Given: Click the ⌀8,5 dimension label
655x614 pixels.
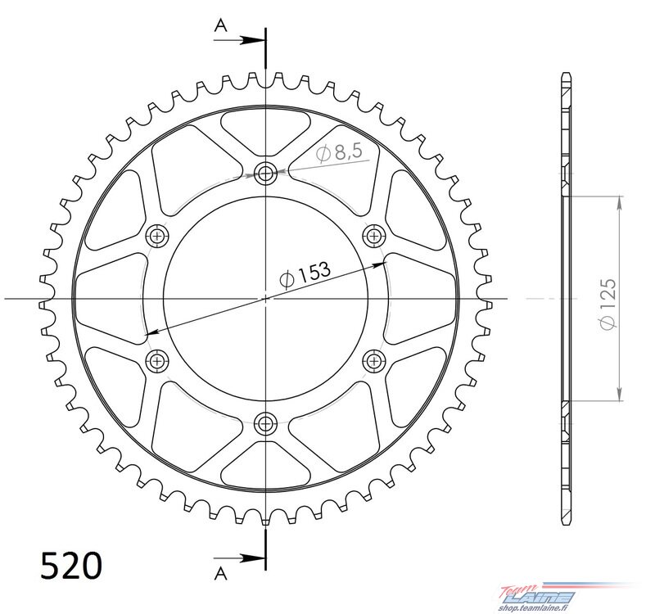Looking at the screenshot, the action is coord(339,153).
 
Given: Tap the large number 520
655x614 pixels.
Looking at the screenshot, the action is coord(71,566).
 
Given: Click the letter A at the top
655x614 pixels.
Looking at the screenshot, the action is coord(220,26).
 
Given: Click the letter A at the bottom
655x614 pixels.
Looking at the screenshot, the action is coord(220,574).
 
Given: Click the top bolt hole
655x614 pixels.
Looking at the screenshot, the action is coord(265,173).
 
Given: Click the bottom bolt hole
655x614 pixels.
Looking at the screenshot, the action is coord(265,424).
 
